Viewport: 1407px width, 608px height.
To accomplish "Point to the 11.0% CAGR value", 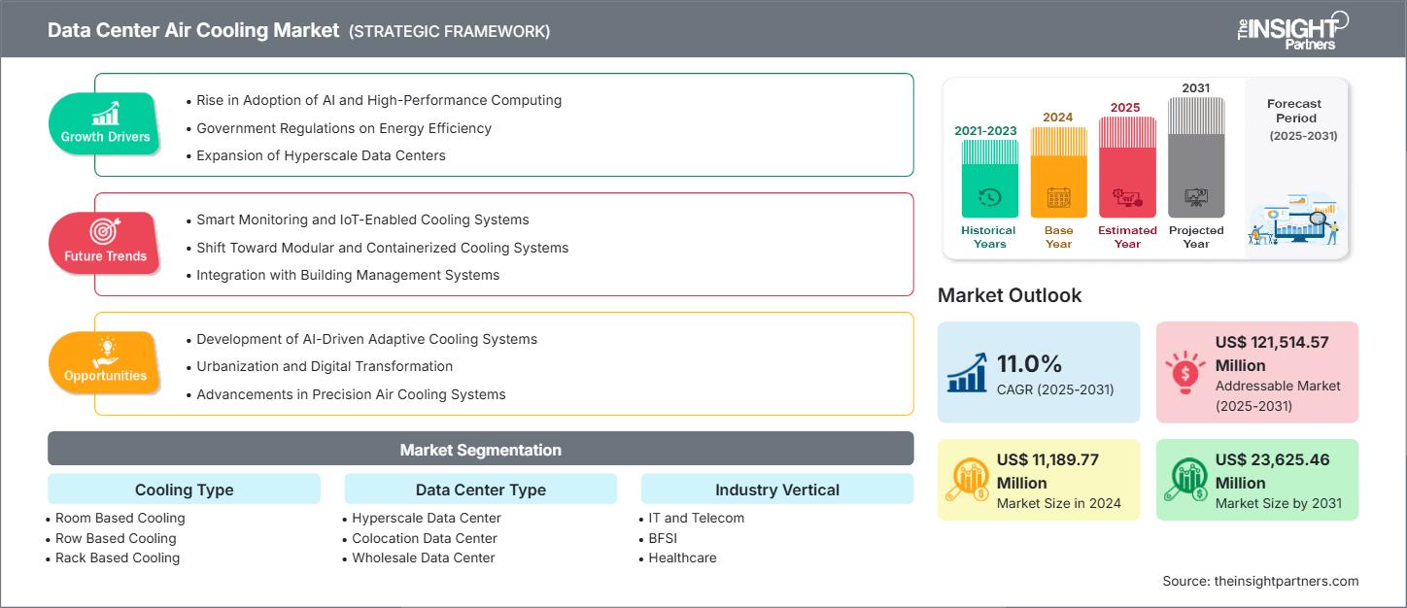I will (x=1029, y=363).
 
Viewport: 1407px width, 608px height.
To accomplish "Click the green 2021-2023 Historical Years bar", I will (x=989, y=179).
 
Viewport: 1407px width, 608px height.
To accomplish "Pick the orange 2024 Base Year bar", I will (x=1058, y=173).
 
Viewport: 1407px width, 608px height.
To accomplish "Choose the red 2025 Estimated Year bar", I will (x=1127, y=167).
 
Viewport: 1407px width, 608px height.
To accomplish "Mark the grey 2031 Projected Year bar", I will (x=1196, y=157).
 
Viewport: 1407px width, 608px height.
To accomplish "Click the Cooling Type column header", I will (x=184, y=490).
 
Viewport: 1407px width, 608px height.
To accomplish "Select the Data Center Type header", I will (x=480, y=490).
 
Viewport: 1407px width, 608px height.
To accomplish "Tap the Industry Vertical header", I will (x=776, y=490).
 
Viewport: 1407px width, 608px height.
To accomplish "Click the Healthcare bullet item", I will (x=682, y=557).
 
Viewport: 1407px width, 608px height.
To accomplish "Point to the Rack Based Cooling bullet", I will (x=117, y=557).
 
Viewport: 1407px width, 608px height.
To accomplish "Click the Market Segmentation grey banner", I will (x=480, y=450).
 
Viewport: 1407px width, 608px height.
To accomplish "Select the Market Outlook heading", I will (x=1009, y=295).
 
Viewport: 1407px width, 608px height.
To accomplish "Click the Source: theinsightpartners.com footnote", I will (x=1259, y=581).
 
